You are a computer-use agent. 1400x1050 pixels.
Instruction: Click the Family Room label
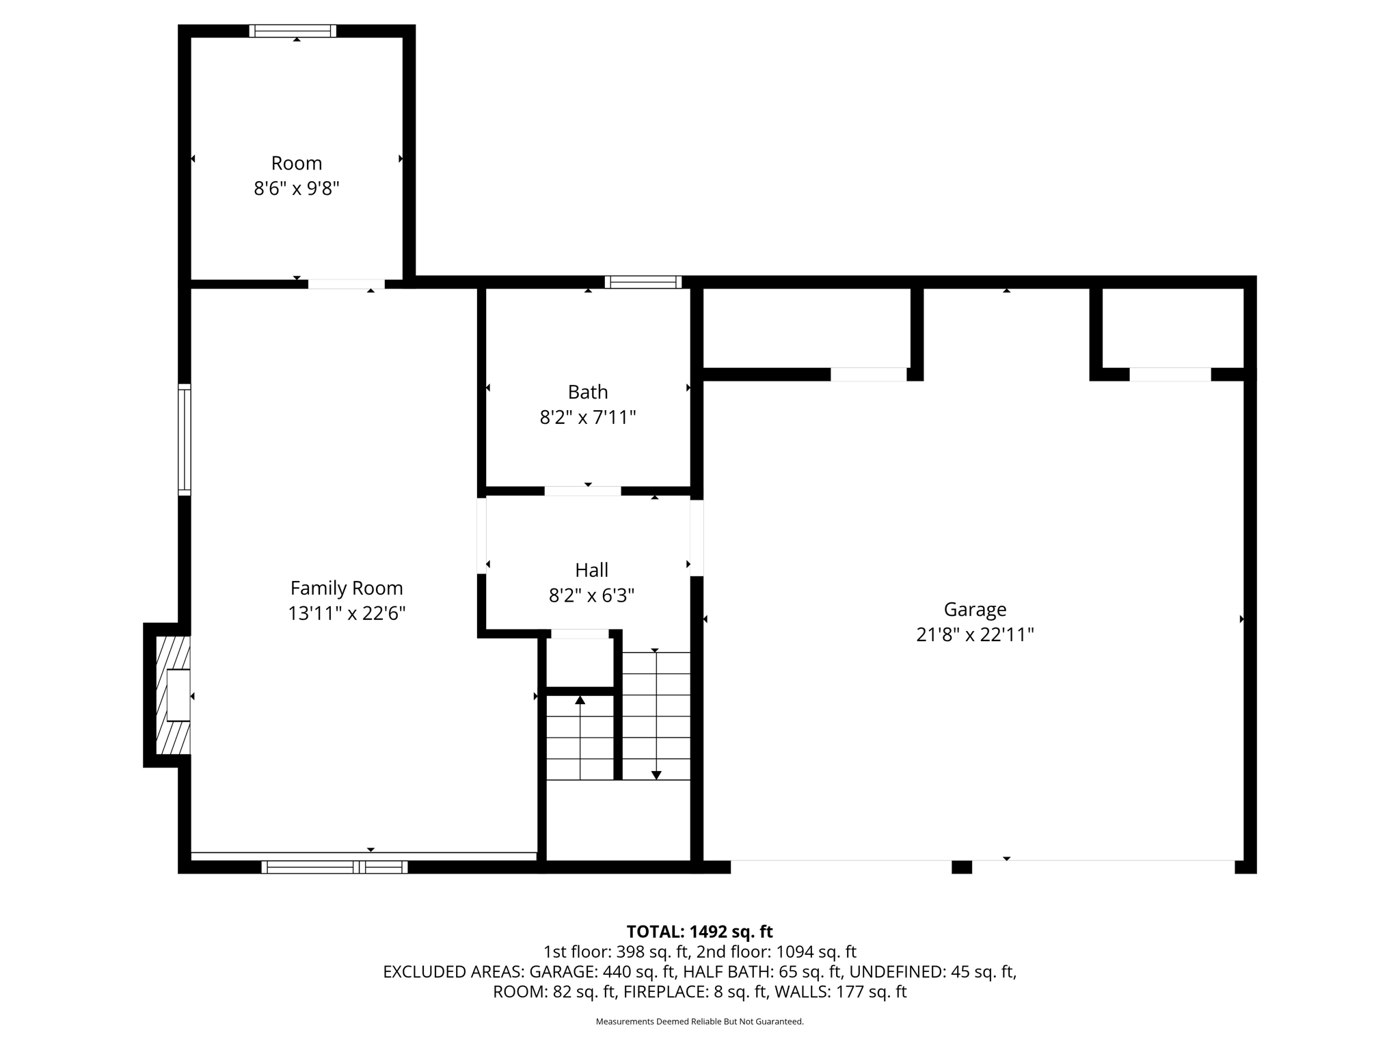347,588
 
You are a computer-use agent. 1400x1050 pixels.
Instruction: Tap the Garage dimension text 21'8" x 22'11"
975,635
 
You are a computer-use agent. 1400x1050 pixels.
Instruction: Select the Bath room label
588,392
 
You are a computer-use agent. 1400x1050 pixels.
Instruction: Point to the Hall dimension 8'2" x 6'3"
591,595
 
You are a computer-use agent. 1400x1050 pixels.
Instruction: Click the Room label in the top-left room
296,163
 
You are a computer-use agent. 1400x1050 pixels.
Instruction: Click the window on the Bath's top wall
643,282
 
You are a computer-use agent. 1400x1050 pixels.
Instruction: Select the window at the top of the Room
293,31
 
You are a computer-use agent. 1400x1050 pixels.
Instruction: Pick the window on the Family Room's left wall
185,440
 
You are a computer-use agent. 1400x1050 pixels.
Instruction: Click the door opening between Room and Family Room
346,284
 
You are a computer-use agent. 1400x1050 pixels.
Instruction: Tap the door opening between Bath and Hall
582,491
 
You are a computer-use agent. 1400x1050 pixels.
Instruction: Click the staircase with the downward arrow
656,715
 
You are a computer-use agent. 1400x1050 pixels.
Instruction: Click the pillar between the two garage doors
961,867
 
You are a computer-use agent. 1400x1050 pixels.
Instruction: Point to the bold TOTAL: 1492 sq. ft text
699,932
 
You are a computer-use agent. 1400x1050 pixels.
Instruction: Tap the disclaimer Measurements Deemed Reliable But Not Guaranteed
699,1021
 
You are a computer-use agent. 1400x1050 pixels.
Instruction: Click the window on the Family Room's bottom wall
334,867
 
